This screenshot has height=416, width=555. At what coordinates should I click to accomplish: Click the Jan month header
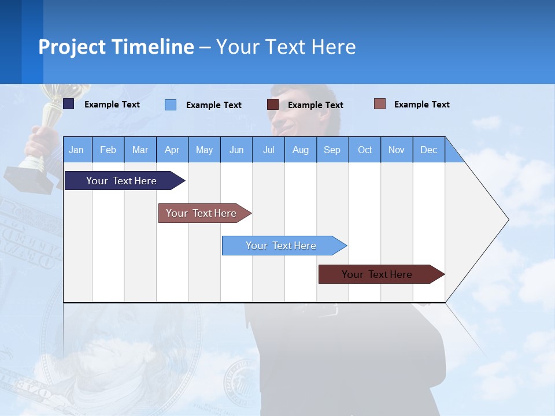coord(76,150)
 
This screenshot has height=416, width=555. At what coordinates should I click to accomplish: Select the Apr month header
coord(172,150)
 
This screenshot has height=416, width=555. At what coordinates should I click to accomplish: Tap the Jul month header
coord(268,150)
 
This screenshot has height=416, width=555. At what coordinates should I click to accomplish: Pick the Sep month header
coord(332,150)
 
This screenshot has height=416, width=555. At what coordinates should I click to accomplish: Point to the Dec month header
coord(428,150)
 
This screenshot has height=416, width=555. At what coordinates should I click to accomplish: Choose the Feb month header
coord(108,150)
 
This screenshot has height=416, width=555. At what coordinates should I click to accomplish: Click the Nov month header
coord(397,150)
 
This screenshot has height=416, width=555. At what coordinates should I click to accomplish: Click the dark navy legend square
coord(69,104)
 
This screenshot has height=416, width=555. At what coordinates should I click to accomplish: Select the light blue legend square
coord(171,105)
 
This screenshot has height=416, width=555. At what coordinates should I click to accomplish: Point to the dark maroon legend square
coord(273,105)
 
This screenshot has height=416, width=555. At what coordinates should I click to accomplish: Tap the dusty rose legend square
coord(379,104)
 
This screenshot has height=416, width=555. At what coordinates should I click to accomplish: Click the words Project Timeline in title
coord(116,47)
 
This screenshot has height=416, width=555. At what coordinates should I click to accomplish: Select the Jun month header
coord(236,150)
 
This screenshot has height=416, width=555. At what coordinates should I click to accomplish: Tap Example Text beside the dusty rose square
coord(421,105)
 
